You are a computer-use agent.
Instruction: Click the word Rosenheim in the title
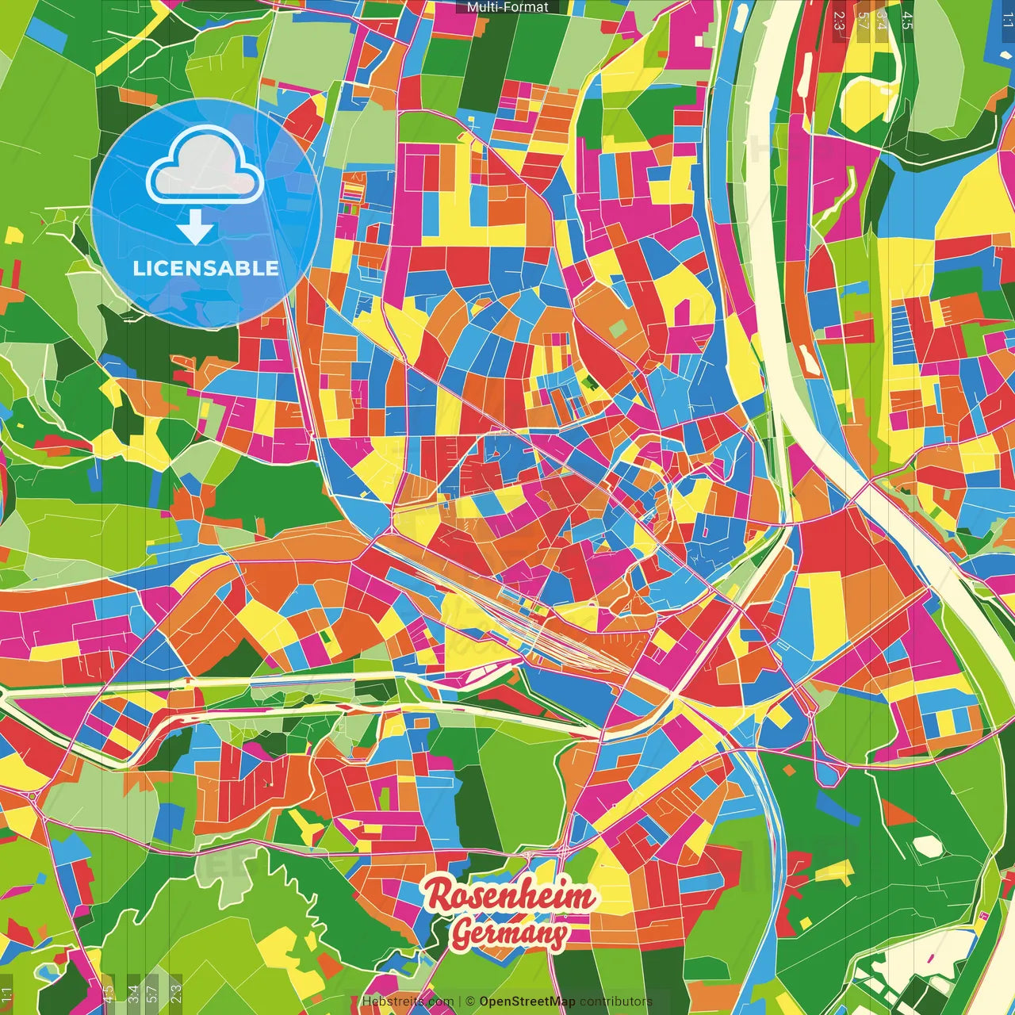(510, 896)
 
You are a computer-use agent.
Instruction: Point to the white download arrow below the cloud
(195, 228)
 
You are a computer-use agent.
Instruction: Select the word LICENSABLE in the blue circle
(206, 268)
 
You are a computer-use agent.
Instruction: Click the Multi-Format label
(507, 7)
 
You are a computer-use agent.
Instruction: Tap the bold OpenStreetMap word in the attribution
(527, 1002)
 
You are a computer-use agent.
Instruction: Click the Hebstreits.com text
(408, 1002)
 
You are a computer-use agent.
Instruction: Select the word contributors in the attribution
(615, 1002)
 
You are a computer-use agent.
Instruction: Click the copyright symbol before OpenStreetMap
(469, 1002)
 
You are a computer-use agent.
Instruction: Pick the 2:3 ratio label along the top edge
(839, 21)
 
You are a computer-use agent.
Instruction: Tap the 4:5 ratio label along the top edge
(907, 21)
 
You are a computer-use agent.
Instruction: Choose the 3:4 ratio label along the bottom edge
(132, 993)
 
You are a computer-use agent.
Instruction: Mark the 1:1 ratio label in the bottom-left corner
(6, 994)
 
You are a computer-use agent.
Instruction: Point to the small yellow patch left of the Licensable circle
(14, 236)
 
